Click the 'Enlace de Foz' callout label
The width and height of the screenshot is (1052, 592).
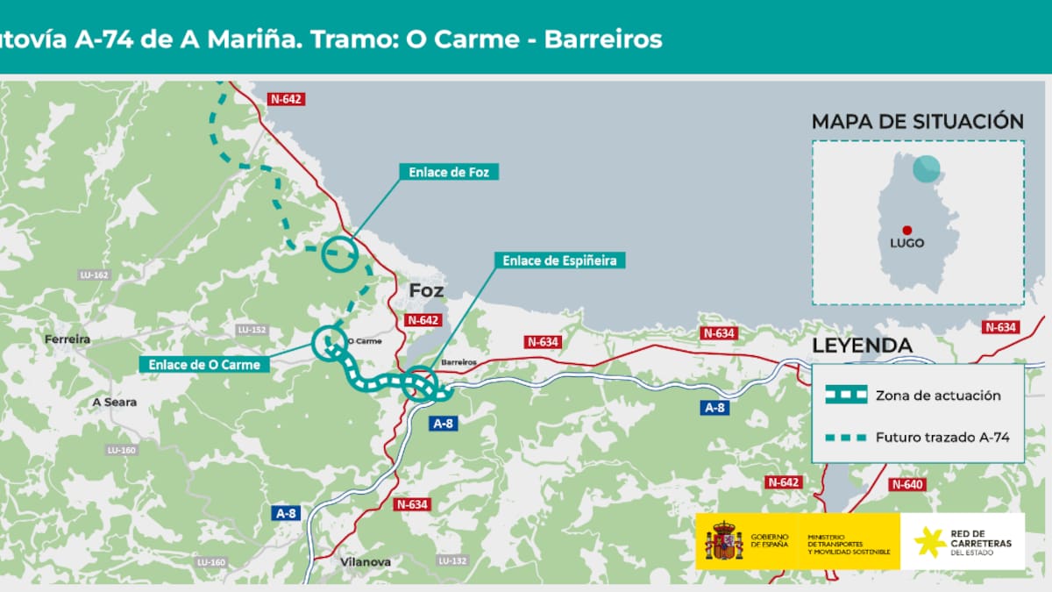tap(449, 173)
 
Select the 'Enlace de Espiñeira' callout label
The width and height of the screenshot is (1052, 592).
tap(559, 260)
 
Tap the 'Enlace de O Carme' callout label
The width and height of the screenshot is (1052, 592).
tap(204, 364)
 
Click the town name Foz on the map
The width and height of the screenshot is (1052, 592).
tap(426, 291)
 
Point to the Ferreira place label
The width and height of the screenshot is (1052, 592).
tap(67, 339)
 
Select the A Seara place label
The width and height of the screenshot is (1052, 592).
tap(115, 402)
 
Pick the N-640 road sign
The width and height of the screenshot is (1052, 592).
tap(907, 484)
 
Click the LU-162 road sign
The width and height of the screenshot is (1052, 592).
tap(94, 275)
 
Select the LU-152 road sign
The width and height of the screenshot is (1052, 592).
tap(251, 330)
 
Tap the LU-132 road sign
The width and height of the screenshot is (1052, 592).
tap(452, 560)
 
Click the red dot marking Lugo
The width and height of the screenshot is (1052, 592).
tap(906, 230)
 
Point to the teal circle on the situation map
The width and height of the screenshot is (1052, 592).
tap(925, 169)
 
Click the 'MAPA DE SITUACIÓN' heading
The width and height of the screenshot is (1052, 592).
tap(917, 122)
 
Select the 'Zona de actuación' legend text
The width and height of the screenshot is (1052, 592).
tap(937, 396)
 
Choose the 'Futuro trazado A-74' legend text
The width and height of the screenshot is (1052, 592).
tap(937, 435)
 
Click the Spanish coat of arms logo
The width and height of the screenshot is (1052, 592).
tap(724, 541)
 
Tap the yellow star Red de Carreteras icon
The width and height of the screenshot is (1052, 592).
tap(930, 543)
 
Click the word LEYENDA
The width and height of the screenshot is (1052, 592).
tap(862, 346)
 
